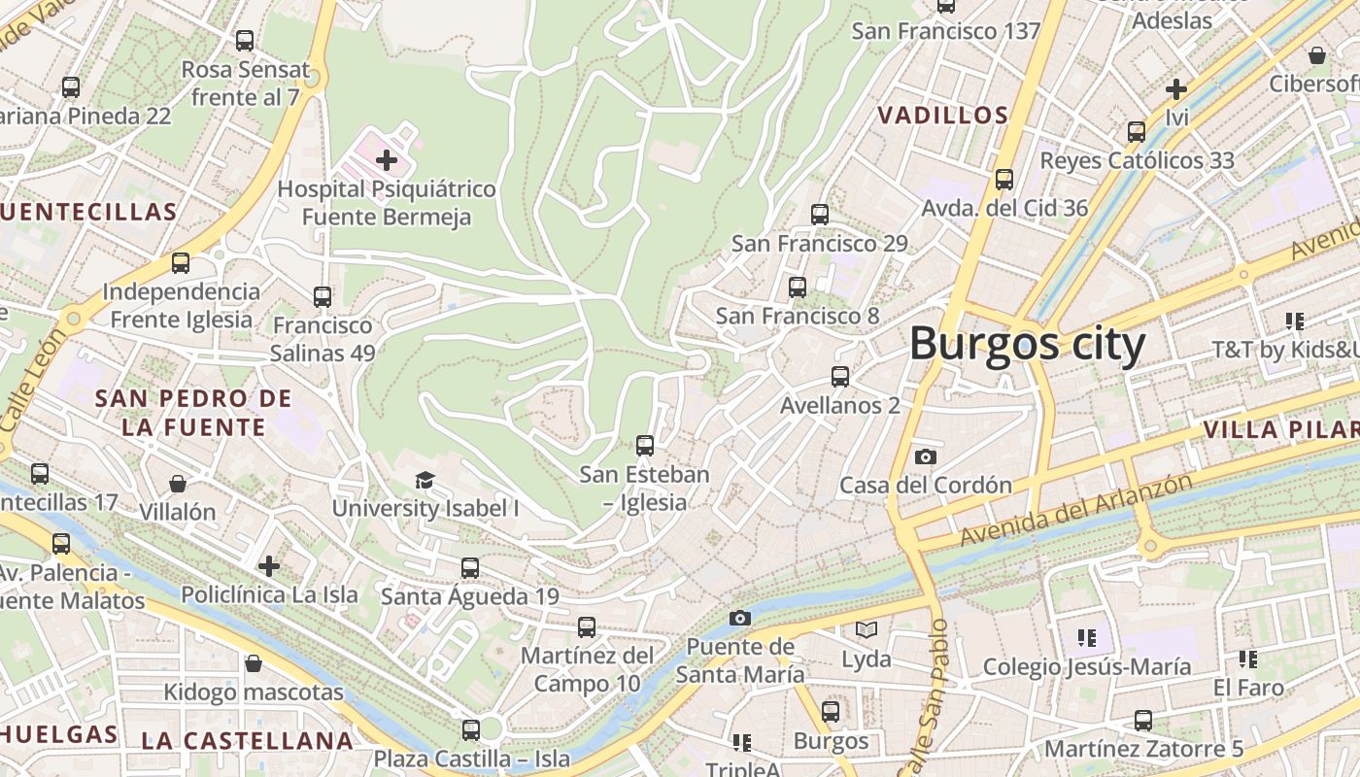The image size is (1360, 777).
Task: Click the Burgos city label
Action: pyautogui.click(x=1027, y=344)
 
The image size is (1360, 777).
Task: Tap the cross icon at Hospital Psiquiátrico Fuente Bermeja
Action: pyautogui.click(x=387, y=159)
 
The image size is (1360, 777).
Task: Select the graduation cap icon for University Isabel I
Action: pyautogui.click(x=425, y=480)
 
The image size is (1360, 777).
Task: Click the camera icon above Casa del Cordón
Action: pyautogui.click(x=926, y=456)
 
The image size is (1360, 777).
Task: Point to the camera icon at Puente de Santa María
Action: pyautogui.click(x=740, y=618)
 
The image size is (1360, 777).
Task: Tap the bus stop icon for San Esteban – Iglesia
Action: pyautogui.click(x=645, y=446)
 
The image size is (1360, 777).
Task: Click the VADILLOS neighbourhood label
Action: pyautogui.click(x=942, y=116)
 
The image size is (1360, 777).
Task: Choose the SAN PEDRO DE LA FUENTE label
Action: pyautogui.click(x=193, y=413)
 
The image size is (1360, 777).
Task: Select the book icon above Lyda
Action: pyautogui.click(x=867, y=630)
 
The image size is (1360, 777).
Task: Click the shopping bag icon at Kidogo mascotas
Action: pyautogui.click(x=254, y=663)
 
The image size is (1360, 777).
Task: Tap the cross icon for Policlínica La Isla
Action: pyautogui.click(x=269, y=565)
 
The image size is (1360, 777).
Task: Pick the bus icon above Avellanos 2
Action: pyautogui.click(x=840, y=377)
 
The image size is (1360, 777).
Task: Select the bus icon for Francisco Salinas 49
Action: pyautogui.click(x=323, y=297)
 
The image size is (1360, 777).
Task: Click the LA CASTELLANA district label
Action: pyautogui.click(x=247, y=741)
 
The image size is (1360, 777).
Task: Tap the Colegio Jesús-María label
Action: pyautogui.click(x=1087, y=667)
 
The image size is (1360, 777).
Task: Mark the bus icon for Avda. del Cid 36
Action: pyautogui.click(x=1004, y=180)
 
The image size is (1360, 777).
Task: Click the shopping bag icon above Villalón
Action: pyautogui.click(x=178, y=484)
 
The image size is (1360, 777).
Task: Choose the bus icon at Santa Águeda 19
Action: pyautogui.click(x=470, y=567)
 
